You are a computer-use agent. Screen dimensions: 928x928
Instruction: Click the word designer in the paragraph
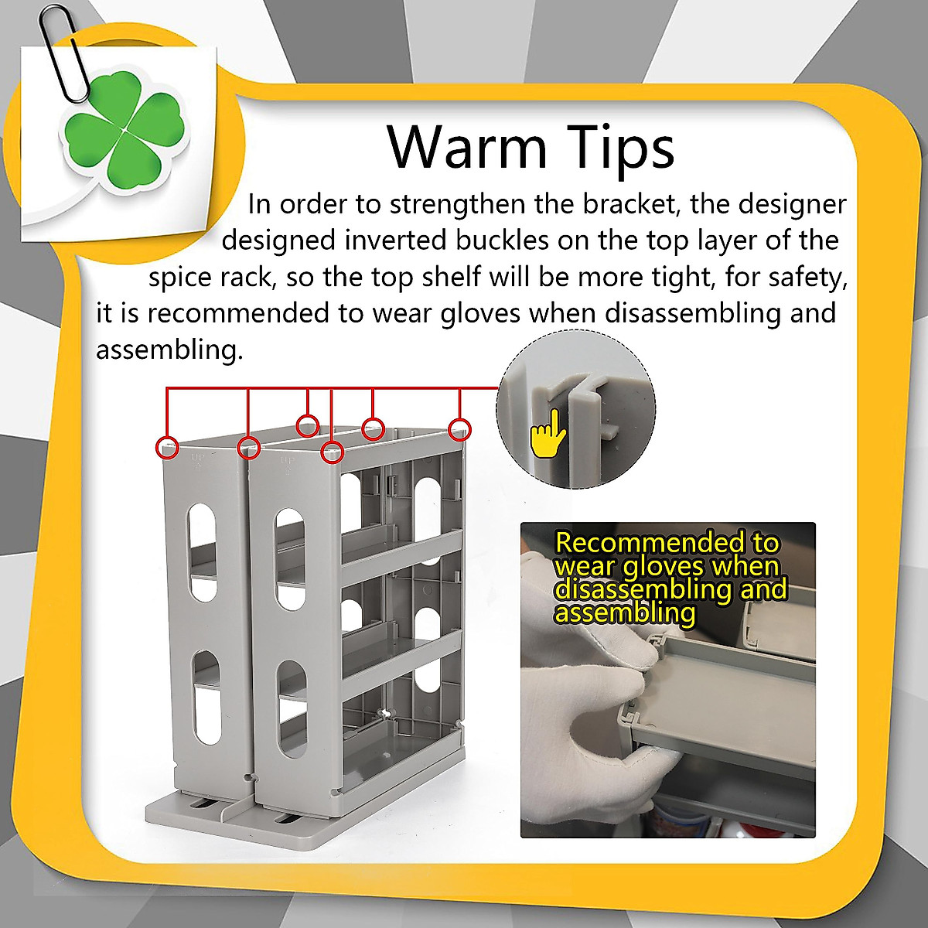(793, 204)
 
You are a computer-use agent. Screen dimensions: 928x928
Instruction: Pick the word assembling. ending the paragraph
(169, 350)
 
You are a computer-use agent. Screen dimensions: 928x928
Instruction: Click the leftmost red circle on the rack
(167, 447)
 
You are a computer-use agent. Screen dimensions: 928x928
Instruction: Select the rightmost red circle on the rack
(460, 429)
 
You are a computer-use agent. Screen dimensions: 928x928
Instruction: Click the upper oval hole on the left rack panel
(203, 552)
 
